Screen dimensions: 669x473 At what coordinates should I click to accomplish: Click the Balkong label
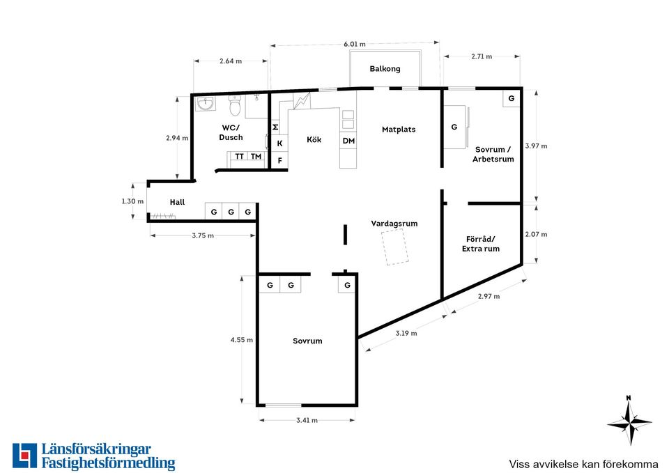click(385, 69)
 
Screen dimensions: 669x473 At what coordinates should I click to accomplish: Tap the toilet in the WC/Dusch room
click(235, 105)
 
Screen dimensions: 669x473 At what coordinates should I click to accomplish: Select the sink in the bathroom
click(206, 103)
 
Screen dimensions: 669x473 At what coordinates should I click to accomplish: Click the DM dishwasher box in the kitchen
click(348, 141)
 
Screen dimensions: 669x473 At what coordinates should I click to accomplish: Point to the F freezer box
click(280, 161)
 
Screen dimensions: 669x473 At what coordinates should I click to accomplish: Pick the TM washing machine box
click(256, 157)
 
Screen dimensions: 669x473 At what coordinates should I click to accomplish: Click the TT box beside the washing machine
click(239, 157)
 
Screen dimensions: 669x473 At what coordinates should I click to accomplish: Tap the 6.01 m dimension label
click(355, 44)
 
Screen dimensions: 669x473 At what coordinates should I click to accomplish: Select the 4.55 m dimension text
click(242, 340)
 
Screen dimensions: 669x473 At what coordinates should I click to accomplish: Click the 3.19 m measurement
click(406, 333)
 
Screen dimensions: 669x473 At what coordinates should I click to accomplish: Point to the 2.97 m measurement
click(489, 296)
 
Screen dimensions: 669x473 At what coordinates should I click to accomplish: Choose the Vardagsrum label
click(394, 224)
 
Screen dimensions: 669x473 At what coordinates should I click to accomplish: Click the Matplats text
click(399, 130)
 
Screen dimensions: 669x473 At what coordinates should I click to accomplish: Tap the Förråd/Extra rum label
click(481, 244)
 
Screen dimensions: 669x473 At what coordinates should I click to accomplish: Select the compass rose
click(629, 421)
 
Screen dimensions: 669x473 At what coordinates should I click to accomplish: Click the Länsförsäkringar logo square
click(25, 456)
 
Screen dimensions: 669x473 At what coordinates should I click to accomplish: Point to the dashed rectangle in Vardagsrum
click(394, 247)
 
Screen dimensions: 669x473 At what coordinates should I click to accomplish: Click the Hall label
click(177, 202)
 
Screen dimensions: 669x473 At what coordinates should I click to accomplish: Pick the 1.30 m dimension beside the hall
click(132, 201)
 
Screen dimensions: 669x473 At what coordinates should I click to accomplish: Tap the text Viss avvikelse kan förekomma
click(583, 464)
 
